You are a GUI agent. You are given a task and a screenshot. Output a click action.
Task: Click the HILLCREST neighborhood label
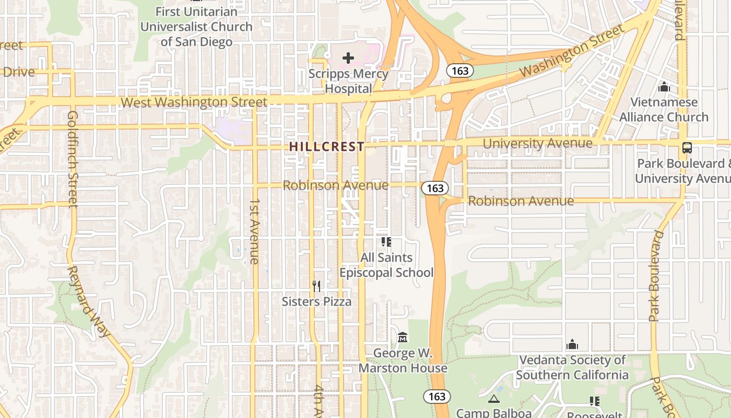(327, 147)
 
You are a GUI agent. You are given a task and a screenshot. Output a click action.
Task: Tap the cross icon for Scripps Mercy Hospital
(348, 58)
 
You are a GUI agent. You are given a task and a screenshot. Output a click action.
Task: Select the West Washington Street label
(194, 102)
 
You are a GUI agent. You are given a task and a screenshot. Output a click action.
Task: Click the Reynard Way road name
(89, 301)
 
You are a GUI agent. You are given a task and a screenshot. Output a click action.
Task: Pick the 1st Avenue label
(254, 231)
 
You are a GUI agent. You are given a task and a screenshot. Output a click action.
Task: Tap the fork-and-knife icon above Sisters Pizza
(316, 286)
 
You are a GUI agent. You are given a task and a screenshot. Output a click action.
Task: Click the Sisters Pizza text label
(316, 301)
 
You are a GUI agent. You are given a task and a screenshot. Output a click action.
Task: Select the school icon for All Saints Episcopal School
(386, 242)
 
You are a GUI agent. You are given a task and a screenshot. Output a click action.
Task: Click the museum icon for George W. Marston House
(403, 338)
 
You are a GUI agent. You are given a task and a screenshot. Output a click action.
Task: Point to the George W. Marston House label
(403, 361)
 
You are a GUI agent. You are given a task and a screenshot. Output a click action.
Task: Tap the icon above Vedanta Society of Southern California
(572, 345)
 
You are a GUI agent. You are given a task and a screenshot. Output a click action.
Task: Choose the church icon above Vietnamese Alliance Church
(664, 87)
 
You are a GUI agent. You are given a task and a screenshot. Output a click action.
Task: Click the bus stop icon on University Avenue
(687, 148)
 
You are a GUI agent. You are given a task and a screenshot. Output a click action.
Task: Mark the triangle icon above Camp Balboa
(493, 400)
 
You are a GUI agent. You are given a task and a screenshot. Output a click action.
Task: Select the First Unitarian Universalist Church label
(196, 26)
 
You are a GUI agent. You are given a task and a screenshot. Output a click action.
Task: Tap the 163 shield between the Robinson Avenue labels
(434, 188)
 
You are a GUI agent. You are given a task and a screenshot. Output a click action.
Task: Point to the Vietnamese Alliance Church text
(664, 109)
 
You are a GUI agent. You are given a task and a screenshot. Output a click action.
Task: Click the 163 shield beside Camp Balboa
(437, 397)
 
